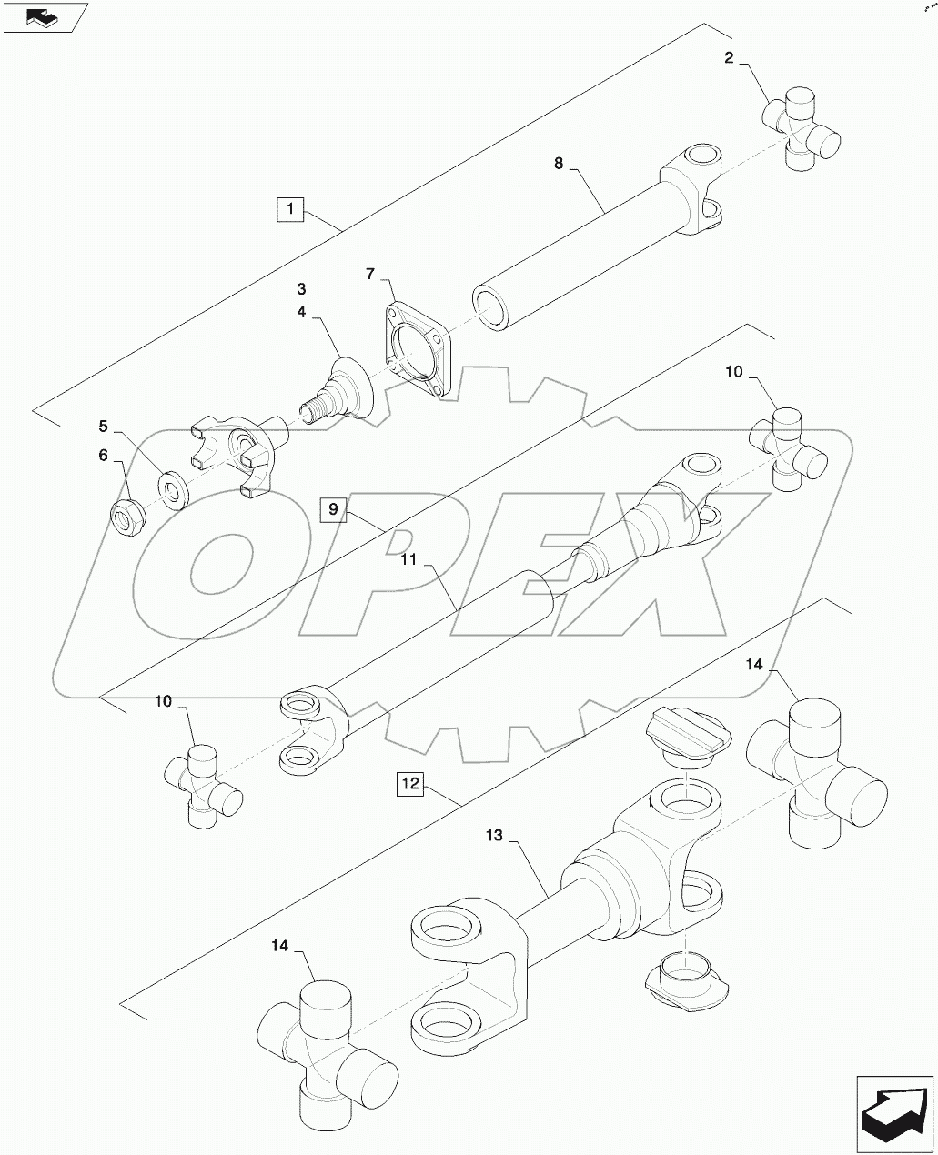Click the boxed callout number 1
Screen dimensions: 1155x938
pyautogui.click(x=289, y=210)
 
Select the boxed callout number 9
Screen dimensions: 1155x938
pyautogui.click(x=334, y=509)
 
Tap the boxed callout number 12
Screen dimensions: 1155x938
pyautogui.click(x=410, y=784)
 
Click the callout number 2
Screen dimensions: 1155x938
pyautogui.click(x=730, y=59)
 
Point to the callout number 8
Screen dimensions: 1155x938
pyautogui.click(x=559, y=164)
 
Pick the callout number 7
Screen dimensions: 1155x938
pyautogui.click(x=370, y=273)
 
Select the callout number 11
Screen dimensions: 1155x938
pyautogui.click(x=409, y=560)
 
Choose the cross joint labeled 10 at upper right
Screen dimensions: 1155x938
pyautogui.click(x=787, y=448)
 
